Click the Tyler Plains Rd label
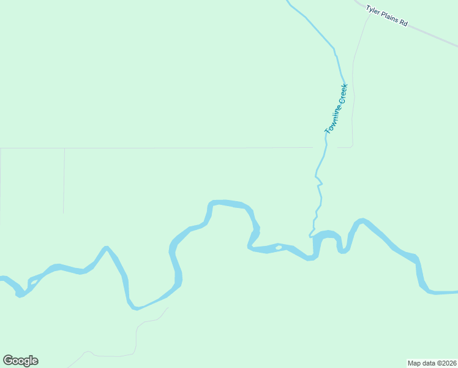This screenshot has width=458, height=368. coord(386,15)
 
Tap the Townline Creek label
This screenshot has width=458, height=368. coord(336,109)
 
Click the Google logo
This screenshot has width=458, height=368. coord(21,361)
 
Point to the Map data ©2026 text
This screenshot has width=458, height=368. coord(432,363)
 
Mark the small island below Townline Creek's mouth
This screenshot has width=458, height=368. coord(279,248)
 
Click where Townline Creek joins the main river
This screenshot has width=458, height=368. coord(312,236)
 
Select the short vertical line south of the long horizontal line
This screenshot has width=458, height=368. coord(64,181)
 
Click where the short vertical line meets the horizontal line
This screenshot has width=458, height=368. coord(64,148)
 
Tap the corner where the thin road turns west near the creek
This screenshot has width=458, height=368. coord(351,147)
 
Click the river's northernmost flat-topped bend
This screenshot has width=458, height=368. coord(227,202)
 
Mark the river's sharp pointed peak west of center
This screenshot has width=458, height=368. coord(107,248)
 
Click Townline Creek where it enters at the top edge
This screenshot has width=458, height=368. coord(288,2)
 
